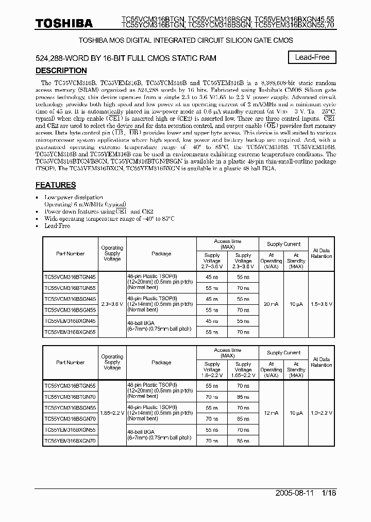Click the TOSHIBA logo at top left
click(x=63, y=24)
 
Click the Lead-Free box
click(x=312, y=57)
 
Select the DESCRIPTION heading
click(x=61, y=71)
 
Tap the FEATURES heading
click(x=56, y=185)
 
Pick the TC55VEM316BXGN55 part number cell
click(x=70, y=332)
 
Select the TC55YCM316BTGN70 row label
click(x=70, y=396)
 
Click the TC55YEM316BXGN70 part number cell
click(x=70, y=441)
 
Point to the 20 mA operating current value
click(x=271, y=304)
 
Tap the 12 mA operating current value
click(x=271, y=413)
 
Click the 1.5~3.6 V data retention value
click(x=322, y=304)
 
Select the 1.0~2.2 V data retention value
click(x=322, y=413)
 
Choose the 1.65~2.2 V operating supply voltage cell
click(x=112, y=413)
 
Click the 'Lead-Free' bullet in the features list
click(x=57, y=226)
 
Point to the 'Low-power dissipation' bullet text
click(x=74, y=198)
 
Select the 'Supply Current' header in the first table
click(x=283, y=244)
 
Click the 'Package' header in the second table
click(x=161, y=363)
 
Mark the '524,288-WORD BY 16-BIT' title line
click(x=126, y=58)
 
